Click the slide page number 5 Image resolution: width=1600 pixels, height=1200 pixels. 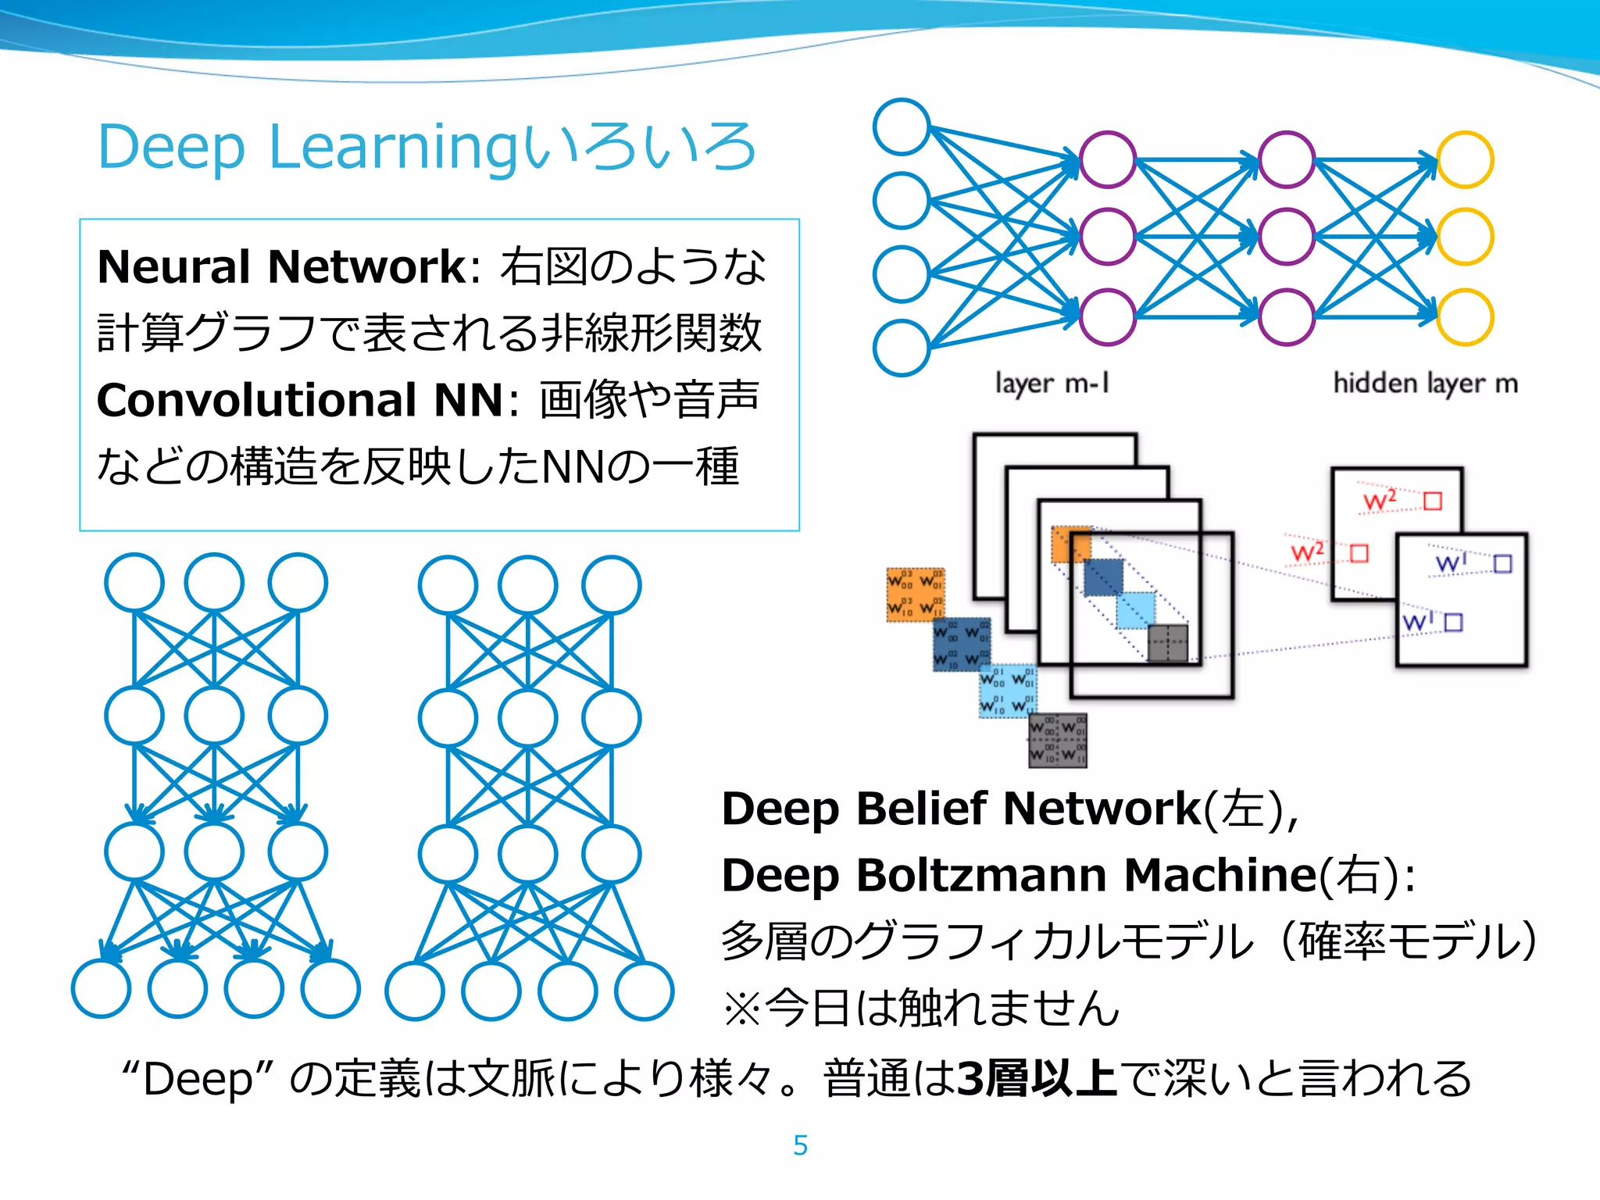pos(800,1145)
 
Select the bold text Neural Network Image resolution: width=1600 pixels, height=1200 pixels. pos(281,267)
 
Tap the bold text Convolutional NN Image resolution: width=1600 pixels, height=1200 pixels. pos(300,401)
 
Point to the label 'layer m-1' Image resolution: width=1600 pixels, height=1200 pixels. pos(1052,384)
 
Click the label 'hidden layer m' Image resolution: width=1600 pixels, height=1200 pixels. pos(1425,384)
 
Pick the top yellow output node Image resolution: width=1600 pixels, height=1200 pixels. pos(1465,160)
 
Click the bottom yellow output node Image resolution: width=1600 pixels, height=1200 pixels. pos(1465,316)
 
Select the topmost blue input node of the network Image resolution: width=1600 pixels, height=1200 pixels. pos(902,127)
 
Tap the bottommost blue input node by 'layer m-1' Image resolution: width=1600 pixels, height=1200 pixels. pos(902,348)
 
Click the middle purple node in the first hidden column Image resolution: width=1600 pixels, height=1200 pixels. pos(1107,237)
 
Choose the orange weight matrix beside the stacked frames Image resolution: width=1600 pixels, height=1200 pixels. pos(915,595)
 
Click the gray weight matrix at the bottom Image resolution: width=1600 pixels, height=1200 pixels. pos(1057,740)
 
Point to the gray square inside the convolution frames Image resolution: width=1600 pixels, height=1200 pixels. pos(1167,643)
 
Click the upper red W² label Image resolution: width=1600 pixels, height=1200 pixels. pos(1380,501)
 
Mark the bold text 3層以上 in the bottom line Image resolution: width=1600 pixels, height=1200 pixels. pos(1037,1079)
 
